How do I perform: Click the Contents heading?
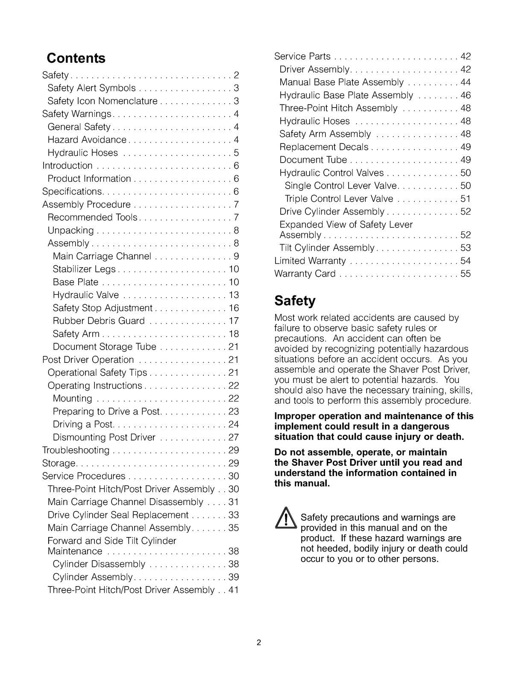click(76, 58)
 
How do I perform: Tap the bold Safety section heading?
click(295, 301)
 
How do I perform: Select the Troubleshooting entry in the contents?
click(76, 450)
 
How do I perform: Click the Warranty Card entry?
click(305, 274)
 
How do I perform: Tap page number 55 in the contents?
click(465, 274)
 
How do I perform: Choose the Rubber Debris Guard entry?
click(99, 321)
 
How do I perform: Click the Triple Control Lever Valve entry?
click(339, 199)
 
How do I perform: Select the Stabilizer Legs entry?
click(84, 269)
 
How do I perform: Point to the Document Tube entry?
click(313, 160)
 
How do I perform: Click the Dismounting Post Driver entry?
click(104, 438)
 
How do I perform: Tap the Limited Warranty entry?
click(310, 261)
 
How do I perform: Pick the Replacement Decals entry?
click(324, 147)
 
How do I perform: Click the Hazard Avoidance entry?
click(87, 140)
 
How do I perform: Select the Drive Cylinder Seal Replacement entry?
click(118, 515)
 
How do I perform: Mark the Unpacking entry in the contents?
click(70, 231)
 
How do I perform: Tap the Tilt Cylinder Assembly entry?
click(327, 248)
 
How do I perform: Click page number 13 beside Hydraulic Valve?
click(234, 295)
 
